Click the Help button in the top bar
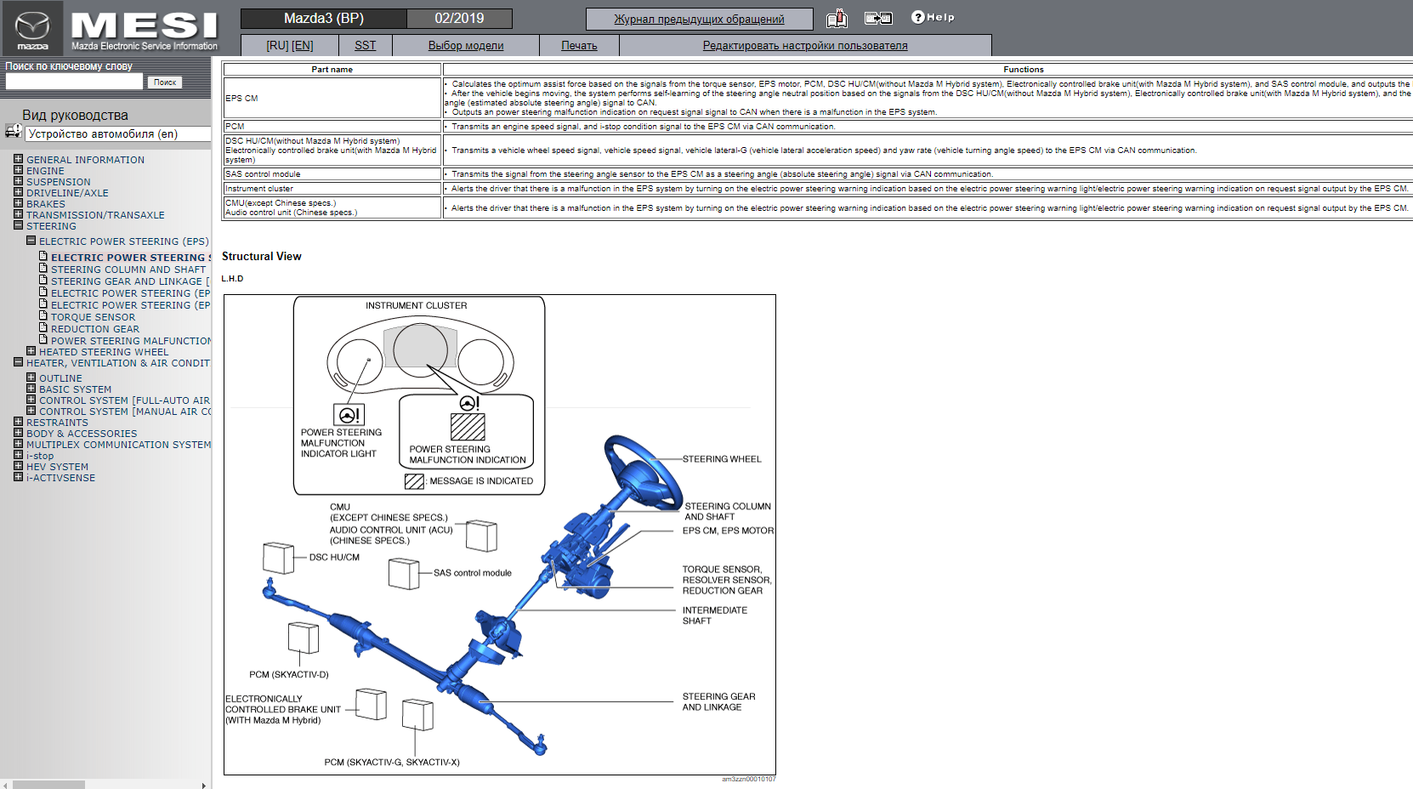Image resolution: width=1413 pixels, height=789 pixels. point(933,17)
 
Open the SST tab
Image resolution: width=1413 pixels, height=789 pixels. point(365,46)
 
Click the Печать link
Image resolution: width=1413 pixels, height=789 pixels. point(579,46)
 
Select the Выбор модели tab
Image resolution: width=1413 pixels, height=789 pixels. point(465,46)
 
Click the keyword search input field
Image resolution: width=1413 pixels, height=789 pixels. point(75,82)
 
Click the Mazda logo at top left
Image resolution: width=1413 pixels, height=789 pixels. point(32,28)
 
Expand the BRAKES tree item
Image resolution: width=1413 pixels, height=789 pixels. point(45,204)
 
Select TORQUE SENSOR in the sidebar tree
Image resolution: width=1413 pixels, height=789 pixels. point(93,317)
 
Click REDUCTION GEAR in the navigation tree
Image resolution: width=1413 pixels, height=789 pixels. point(94,329)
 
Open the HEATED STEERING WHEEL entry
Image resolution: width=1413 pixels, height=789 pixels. point(103,352)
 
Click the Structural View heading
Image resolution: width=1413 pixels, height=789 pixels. point(262,256)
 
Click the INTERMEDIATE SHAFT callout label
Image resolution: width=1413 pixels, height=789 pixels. point(714,616)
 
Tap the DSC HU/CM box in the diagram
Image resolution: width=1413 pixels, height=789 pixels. point(278,559)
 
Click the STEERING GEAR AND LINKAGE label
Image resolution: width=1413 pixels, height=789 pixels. point(718,701)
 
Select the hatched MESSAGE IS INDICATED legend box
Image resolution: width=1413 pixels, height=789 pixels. point(414,481)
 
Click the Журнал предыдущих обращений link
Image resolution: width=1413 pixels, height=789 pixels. point(699,19)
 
